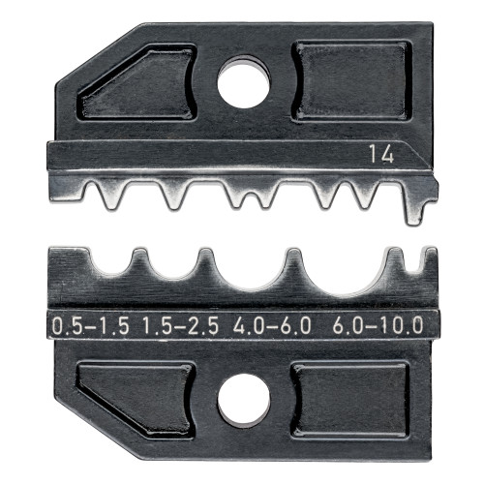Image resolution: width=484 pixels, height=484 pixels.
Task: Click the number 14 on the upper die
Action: click(x=380, y=152)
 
